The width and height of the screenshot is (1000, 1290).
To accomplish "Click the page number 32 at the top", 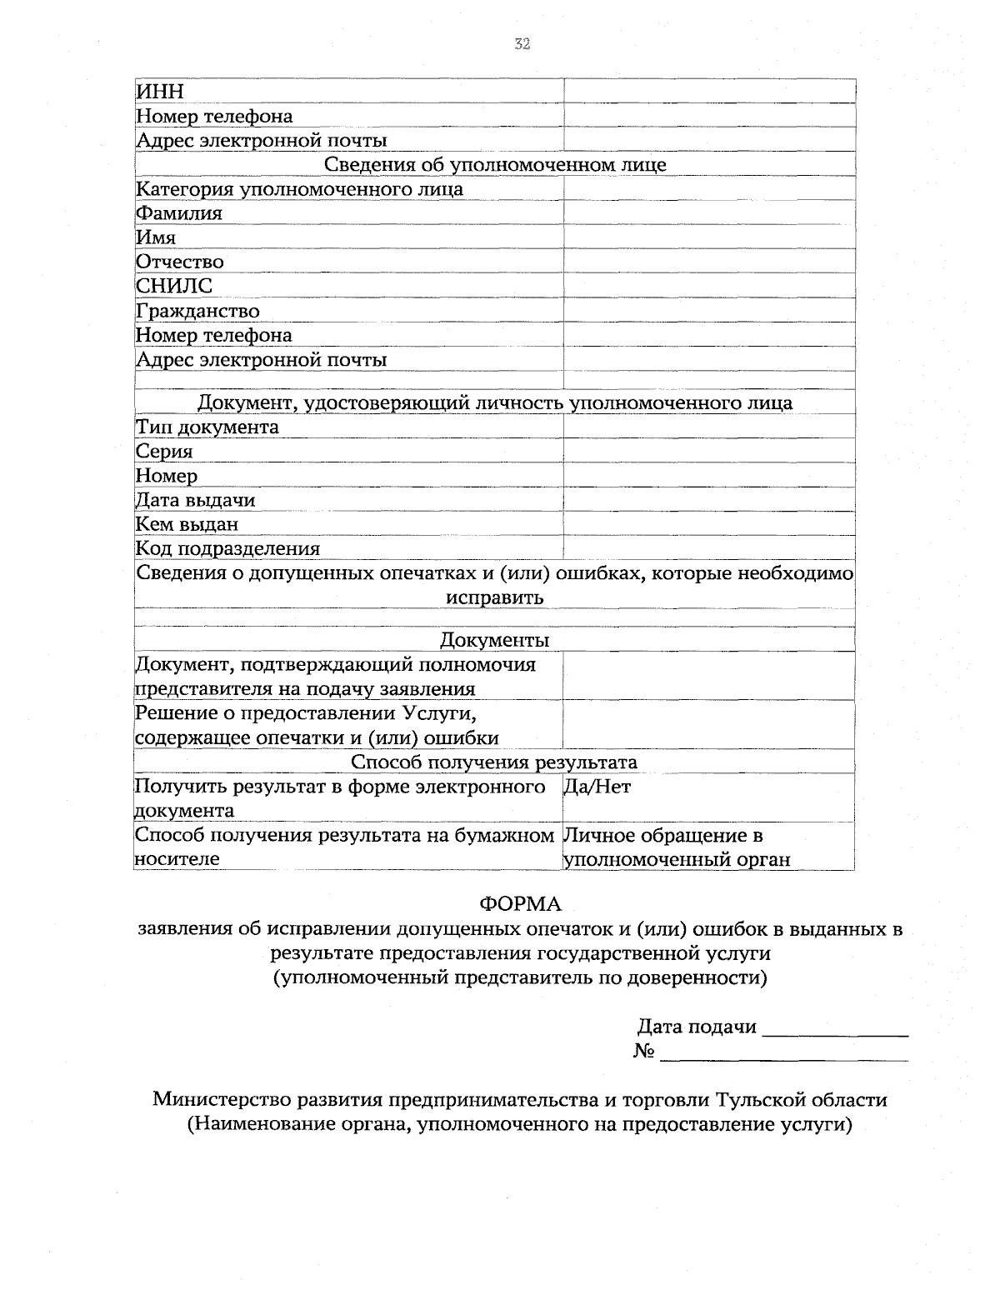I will [522, 45].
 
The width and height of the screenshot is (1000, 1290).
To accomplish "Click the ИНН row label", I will [160, 92].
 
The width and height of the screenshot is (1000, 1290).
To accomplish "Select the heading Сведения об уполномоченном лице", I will [495, 164].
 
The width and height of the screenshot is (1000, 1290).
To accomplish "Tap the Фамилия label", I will [179, 213].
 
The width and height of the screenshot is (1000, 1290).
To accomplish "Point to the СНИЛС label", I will [174, 286].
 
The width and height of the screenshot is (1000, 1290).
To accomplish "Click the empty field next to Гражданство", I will [709, 311].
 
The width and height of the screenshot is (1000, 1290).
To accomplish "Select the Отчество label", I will [180, 262].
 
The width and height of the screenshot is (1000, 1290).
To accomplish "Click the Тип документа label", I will [207, 427].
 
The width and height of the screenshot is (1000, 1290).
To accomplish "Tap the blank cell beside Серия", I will [709, 452].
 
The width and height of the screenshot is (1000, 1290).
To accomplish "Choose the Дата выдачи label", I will [196, 500].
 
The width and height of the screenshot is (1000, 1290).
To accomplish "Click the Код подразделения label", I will [228, 548].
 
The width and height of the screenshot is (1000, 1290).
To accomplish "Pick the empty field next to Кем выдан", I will [709, 524].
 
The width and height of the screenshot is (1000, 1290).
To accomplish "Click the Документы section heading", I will [495, 640].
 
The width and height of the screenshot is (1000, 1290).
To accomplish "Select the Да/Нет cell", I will [597, 787].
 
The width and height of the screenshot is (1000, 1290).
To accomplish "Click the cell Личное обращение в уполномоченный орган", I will [677, 847].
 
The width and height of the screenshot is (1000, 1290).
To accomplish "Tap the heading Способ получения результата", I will [494, 762].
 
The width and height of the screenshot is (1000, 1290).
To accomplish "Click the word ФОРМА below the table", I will [521, 904].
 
